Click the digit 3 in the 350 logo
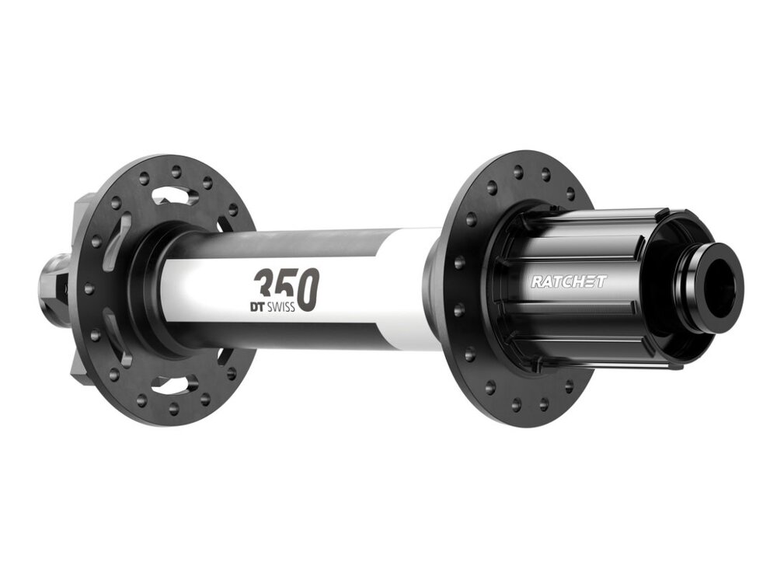coord(265,288)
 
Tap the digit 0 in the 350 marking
coord(308,291)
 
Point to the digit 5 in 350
coord(286,289)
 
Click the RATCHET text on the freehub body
coord(568,281)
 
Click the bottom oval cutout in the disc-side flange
coord(172,382)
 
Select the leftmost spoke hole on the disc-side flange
coord(88,288)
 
